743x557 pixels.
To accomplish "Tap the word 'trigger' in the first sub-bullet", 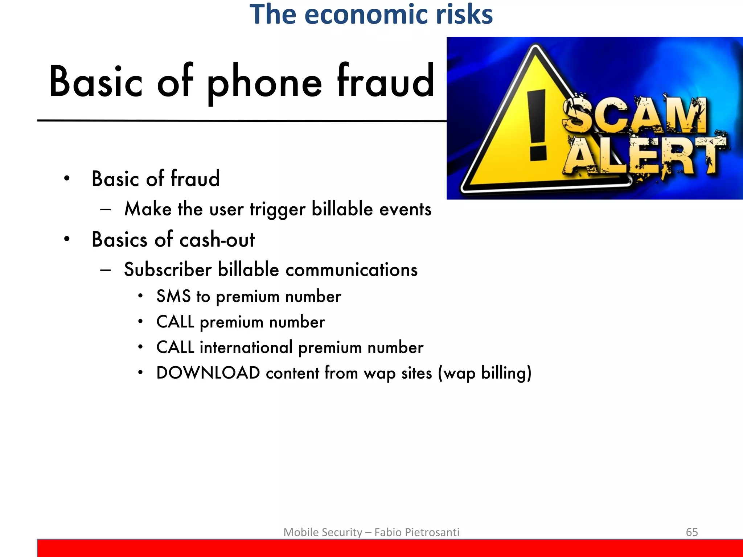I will (278, 210).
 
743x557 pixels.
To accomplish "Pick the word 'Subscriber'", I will (168, 270).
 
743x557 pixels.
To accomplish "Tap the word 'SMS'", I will (173, 296).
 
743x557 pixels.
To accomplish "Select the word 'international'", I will (246, 347).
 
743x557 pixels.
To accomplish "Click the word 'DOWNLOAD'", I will (208, 373).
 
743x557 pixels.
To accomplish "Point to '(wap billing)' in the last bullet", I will (484, 373).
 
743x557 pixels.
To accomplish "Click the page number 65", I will (691, 532).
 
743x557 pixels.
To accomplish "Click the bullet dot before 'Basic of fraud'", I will (67, 178).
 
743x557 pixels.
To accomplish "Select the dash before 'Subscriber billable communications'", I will (106, 270).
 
